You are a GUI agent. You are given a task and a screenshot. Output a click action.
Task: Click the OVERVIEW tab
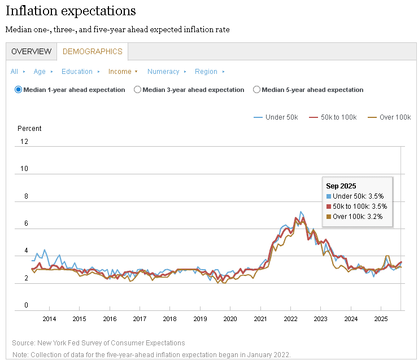tap(32, 51)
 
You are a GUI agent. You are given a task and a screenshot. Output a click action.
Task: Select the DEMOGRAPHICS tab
tap(92, 51)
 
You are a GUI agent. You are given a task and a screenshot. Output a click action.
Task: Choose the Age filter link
tap(40, 72)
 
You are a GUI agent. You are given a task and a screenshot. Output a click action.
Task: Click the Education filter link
tap(77, 72)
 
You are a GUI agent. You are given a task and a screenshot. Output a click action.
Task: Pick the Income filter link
tap(120, 72)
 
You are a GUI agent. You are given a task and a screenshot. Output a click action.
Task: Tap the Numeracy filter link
tap(163, 72)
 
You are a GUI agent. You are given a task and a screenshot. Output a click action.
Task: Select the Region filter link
tap(206, 72)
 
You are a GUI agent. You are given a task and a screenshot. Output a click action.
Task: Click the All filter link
tap(14, 72)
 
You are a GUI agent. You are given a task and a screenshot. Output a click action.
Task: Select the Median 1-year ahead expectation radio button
tap(19, 90)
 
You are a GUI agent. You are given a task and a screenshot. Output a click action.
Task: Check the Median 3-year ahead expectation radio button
tap(137, 90)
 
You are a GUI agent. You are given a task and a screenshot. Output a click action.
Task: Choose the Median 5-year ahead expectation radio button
tap(257, 90)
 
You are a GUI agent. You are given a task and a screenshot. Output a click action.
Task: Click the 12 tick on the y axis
tap(24, 142)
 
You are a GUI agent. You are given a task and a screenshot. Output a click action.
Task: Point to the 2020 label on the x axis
tap(230, 319)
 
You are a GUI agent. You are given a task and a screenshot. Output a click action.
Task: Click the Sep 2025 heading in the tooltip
tap(341, 186)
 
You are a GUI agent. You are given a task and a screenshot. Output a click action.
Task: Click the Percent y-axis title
tap(29, 129)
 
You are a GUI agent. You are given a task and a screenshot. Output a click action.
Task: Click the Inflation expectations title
tap(71, 11)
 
